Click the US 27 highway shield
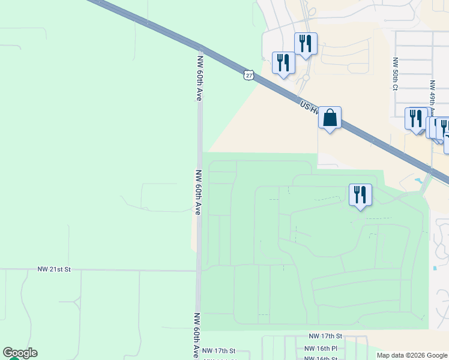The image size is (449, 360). pos(249,75)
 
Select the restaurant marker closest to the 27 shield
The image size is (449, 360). pos(283,63)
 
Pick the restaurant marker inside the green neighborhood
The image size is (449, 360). pos(360,195)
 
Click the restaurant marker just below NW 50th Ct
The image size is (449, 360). pos(416,119)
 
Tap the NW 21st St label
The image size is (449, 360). pos(54,270)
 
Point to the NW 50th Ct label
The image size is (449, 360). pos(395,74)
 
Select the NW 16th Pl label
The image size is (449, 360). pos(321,348)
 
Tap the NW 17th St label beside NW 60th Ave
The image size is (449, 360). pos(218,350)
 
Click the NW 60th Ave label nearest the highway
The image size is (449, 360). pos(200,78)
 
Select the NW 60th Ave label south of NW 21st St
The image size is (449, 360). pos(197,335)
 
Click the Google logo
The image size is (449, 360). pos(20,353)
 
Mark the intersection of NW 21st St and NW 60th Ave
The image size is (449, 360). pos(198,271)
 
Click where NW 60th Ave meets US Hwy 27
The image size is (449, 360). pos(200,48)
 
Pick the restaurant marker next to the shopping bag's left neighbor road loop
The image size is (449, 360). pos(306,44)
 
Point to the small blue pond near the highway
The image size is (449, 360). pos(418,181)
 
